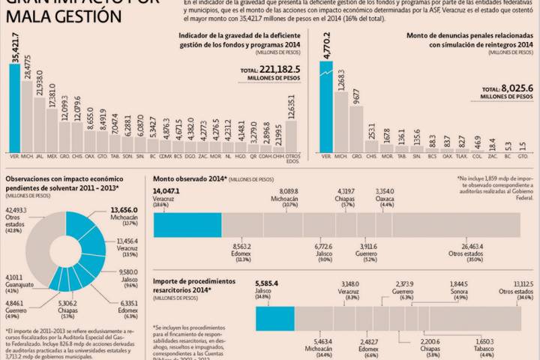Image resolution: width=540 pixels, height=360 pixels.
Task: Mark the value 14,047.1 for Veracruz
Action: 169,191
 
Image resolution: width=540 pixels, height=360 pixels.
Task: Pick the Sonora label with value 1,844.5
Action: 458,290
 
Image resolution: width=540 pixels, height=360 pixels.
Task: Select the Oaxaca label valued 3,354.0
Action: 386,198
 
